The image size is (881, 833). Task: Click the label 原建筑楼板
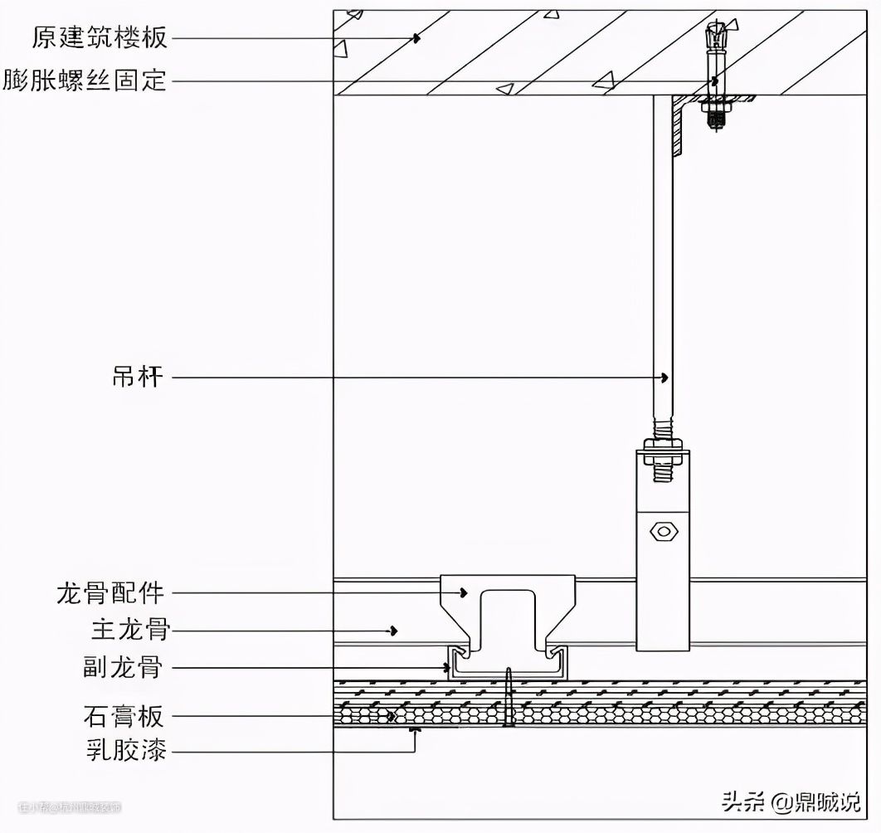click(x=100, y=37)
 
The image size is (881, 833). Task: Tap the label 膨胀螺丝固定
click(x=84, y=81)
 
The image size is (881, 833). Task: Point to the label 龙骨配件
click(x=111, y=593)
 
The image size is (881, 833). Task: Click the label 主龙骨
click(x=129, y=631)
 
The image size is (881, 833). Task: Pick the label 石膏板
click(x=124, y=714)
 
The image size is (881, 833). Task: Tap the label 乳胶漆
click(x=126, y=752)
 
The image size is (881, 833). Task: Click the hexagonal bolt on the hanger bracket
click(x=664, y=531)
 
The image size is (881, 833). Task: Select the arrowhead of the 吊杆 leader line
click(x=664, y=378)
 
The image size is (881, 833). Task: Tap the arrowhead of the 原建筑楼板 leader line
click(x=417, y=37)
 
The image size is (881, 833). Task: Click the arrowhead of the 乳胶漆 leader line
click(x=415, y=730)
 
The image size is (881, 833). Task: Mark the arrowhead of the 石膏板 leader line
click(x=392, y=714)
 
